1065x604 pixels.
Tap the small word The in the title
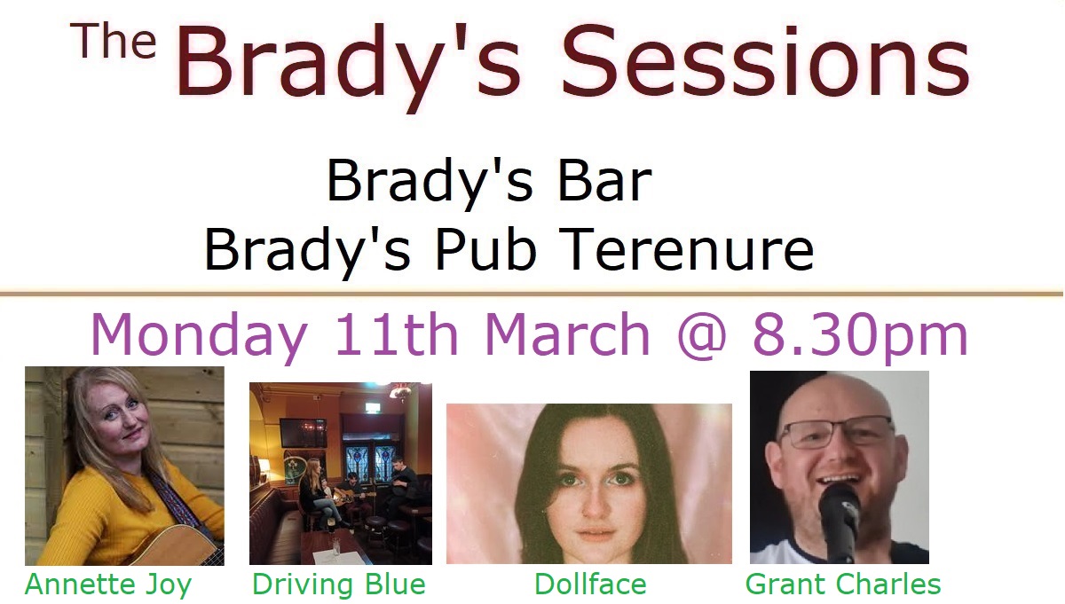[114, 42]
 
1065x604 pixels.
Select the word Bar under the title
[604, 181]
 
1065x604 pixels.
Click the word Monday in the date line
[199, 336]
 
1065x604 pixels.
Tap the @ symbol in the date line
[702, 335]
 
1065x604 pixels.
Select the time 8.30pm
[861, 336]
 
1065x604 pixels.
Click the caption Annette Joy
[108, 585]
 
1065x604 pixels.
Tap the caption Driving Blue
[338, 584]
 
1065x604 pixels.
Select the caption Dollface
[590, 584]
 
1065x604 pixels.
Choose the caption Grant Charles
[843, 584]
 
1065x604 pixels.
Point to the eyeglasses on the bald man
[838, 433]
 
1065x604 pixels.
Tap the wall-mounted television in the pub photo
[303, 434]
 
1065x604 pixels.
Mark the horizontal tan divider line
[532, 294]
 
